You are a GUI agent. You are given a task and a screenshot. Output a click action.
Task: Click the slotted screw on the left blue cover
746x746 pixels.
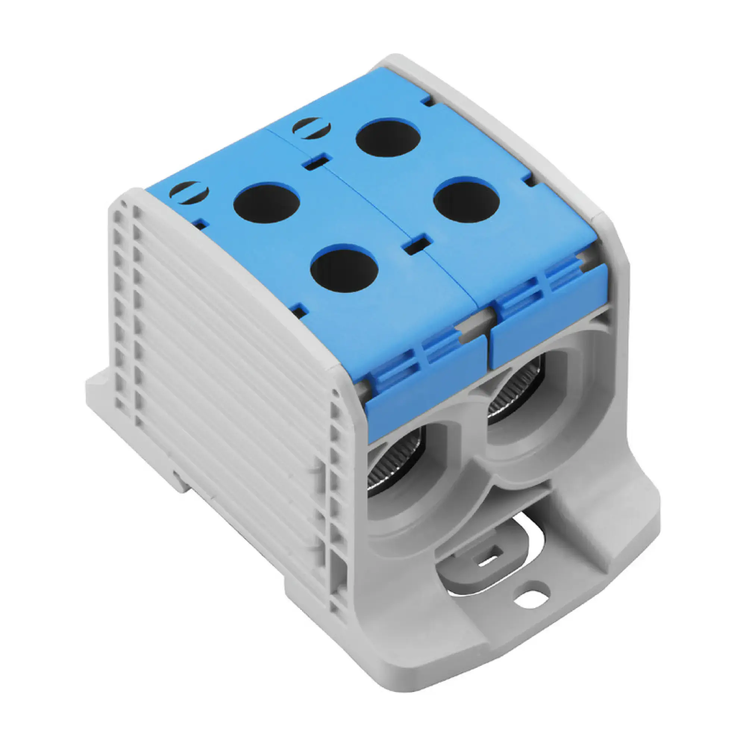[189, 192]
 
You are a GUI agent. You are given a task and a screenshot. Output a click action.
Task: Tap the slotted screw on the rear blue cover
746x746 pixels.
[312, 128]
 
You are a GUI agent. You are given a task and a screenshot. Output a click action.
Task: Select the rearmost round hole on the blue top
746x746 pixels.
[388, 137]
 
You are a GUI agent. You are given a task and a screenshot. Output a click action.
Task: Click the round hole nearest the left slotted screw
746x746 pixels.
[266, 204]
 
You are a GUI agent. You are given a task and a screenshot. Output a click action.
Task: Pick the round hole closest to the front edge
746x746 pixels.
[344, 268]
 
